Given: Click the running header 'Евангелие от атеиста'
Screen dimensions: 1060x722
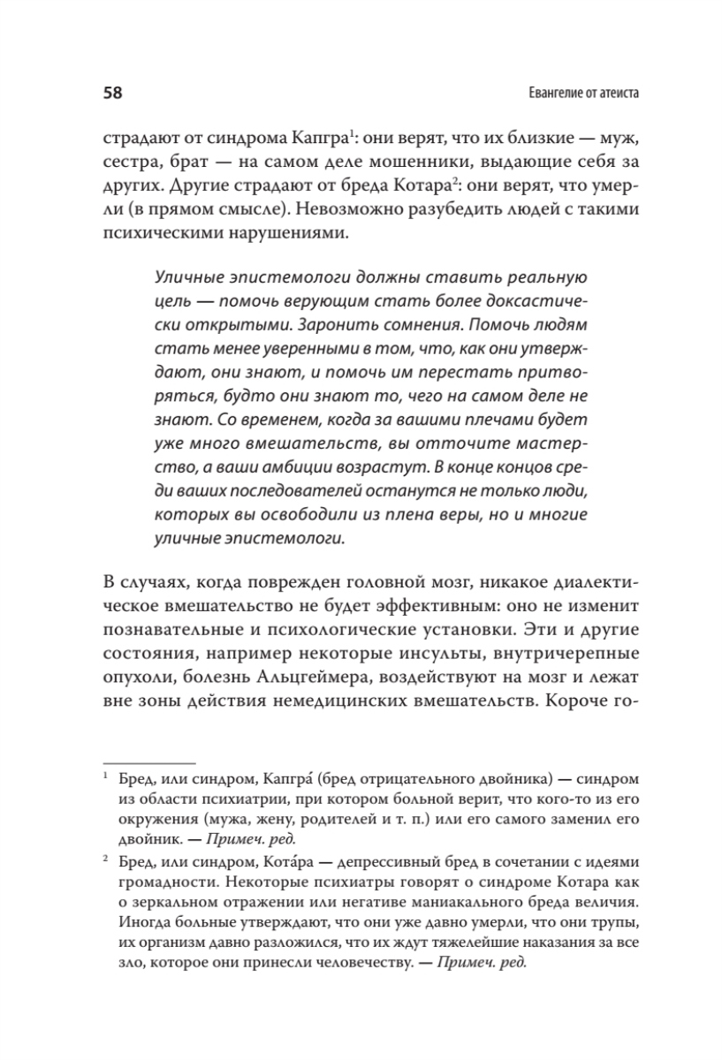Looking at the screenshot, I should point(575,92).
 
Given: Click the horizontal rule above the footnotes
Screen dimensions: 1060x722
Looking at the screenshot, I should point(149,761).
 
